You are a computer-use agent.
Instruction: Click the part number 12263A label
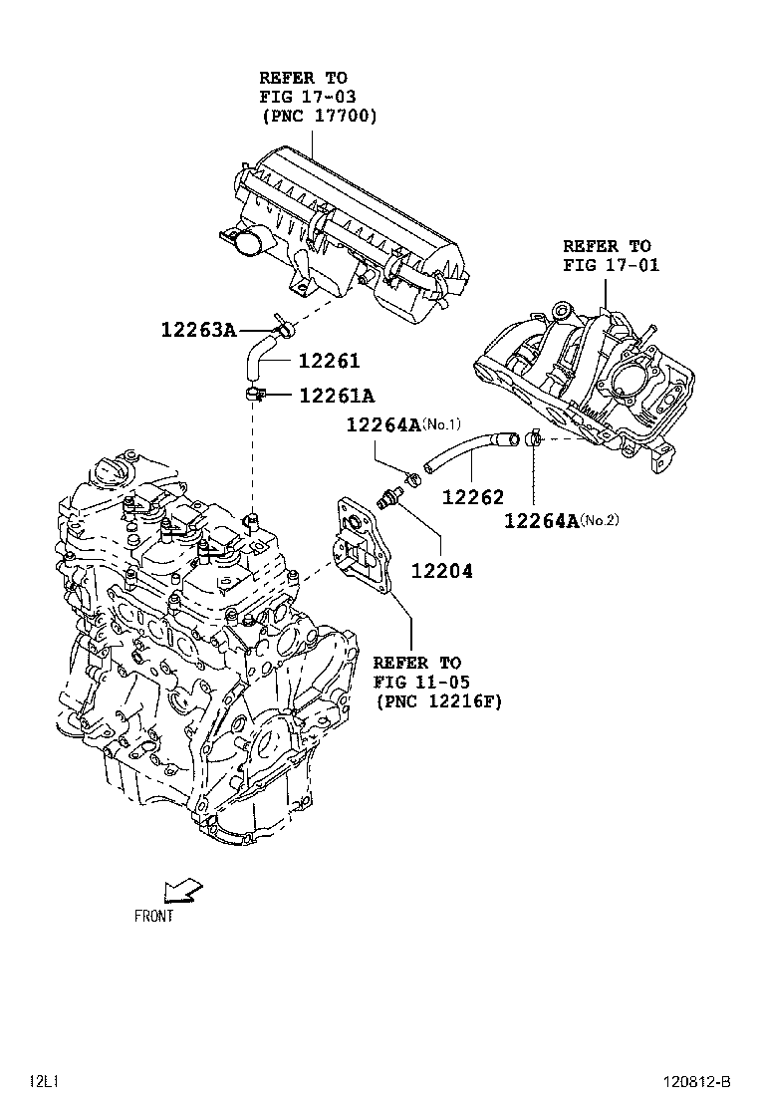pyautogui.click(x=199, y=330)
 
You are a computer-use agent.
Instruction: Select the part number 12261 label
pyautogui.click(x=326, y=362)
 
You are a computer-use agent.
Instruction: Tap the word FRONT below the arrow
pyautogui.click(x=153, y=916)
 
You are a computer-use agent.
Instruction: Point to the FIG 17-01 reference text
pyautogui.click(x=611, y=266)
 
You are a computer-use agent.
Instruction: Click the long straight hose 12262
pyautogui.click(x=468, y=448)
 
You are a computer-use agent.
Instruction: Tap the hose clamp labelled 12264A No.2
pyautogui.click(x=536, y=436)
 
